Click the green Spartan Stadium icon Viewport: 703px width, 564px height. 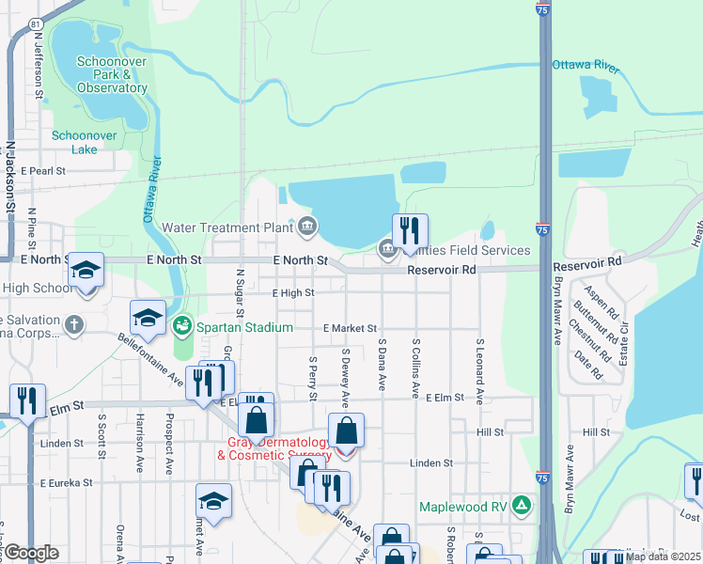[x=181, y=326]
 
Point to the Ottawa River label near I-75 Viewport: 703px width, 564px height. [x=586, y=67]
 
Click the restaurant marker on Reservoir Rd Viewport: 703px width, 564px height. [x=410, y=230]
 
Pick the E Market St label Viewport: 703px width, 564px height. [x=349, y=329]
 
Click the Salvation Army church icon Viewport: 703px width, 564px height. [x=74, y=325]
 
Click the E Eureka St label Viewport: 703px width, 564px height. [x=66, y=482]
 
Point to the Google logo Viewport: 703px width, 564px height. [x=31, y=553]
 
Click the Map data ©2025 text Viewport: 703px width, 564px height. [x=663, y=556]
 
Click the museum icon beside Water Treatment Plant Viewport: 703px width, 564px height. [x=307, y=227]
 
